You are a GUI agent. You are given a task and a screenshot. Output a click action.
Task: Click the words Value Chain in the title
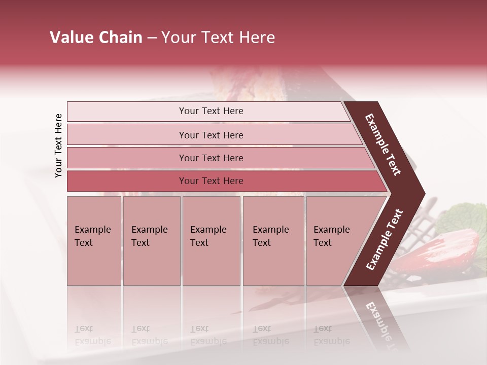coord(96,38)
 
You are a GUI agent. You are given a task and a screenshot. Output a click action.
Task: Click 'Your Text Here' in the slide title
coord(218,38)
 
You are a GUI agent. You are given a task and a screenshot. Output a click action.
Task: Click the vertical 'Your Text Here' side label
coord(59,145)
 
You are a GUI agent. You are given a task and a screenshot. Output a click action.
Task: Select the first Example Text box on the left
coord(94,241)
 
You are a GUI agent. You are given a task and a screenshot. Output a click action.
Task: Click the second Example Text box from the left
coord(152,241)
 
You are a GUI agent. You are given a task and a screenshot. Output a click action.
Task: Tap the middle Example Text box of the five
coord(211,241)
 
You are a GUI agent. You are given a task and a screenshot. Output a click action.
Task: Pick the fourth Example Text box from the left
coord(273,241)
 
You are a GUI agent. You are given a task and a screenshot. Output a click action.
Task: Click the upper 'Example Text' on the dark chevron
coord(383,144)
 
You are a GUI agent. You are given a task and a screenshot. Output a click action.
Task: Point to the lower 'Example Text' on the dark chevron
coord(384,240)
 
